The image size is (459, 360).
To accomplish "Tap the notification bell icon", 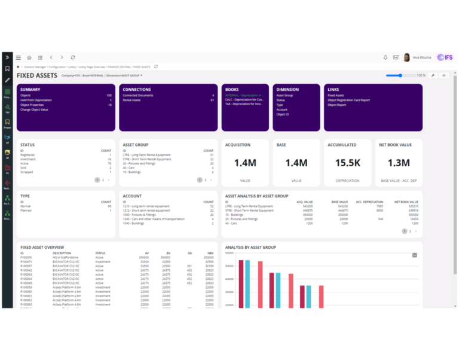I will (385, 57).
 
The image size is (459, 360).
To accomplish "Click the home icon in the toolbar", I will (29, 57).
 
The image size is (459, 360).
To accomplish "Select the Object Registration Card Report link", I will (348, 100).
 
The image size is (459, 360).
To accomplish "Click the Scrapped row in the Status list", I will (27, 172).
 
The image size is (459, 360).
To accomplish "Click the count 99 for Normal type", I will (108, 206).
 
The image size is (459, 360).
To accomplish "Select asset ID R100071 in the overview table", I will (26, 261).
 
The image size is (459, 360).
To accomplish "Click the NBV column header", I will (210, 253).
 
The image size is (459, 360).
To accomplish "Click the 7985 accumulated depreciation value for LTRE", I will (380, 206).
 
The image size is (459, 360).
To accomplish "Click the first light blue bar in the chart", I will (247, 284).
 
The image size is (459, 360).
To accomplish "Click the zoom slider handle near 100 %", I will (400, 75).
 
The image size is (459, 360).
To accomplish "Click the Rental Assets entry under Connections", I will (133, 100).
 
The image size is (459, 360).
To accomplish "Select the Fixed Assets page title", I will (37, 75).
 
